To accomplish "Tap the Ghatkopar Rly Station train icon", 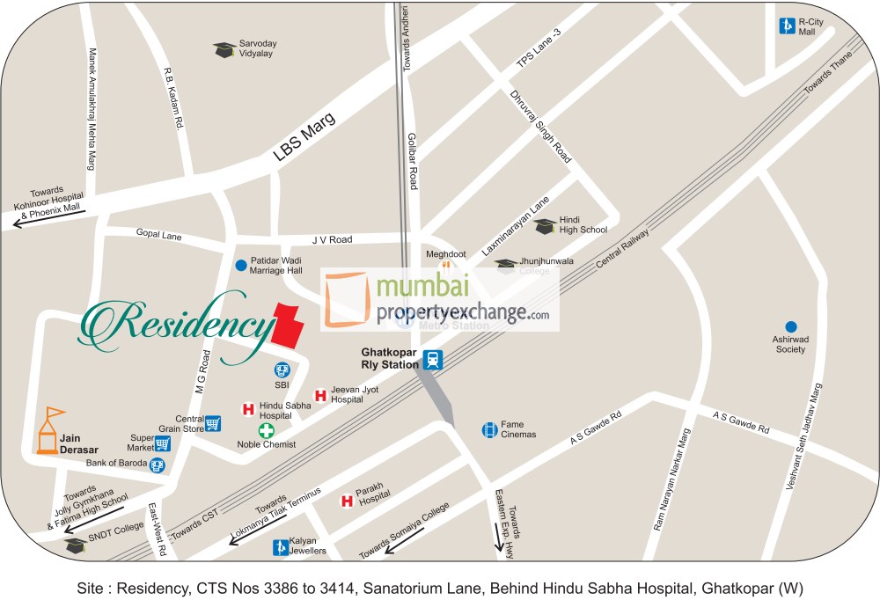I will (432, 360).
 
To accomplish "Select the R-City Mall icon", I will (786, 26).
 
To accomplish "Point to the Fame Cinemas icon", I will (489, 430).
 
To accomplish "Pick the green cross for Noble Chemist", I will (266, 430).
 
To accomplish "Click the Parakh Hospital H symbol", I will (347, 501).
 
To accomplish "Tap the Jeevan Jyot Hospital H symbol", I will (320, 396).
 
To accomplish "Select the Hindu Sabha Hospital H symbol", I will (248, 408).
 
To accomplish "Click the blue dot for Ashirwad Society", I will (790, 327).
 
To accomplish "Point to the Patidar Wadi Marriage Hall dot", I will (241, 265).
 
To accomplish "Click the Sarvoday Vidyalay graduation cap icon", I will (224, 49).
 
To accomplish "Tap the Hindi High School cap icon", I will (545, 226).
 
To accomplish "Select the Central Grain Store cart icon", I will (212, 424).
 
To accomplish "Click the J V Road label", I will (332, 239).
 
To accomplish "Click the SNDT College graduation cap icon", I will (76, 545).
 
